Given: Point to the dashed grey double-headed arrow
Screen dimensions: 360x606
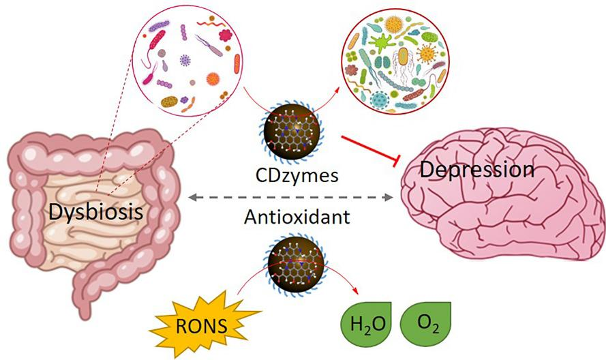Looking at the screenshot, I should click(292, 198).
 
